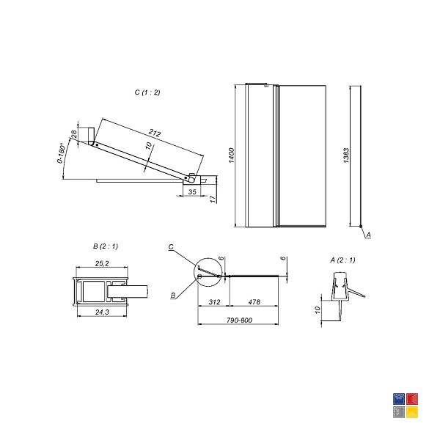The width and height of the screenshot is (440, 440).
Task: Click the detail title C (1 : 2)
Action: (147, 92)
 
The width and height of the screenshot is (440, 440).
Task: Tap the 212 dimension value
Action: (155, 133)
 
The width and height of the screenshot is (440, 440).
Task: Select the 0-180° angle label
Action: (62, 153)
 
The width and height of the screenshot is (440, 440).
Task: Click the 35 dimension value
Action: (192, 191)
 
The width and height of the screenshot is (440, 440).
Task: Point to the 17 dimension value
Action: (213, 199)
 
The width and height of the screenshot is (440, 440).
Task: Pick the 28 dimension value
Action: (74, 134)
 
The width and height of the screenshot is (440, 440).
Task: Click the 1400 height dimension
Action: (231, 155)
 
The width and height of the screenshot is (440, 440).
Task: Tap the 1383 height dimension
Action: (346, 155)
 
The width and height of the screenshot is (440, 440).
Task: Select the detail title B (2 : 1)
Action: (106, 246)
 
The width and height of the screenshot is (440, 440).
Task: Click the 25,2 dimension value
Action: (102, 263)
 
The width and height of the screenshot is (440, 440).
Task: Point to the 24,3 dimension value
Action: (102, 312)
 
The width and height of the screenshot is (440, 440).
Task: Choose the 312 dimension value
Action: (214, 302)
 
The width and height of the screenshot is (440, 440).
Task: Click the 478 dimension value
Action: (254, 302)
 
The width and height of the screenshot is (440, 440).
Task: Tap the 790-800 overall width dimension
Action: (239, 320)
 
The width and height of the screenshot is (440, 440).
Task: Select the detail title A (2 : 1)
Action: (342, 260)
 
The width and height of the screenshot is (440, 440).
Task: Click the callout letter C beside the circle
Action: (171, 247)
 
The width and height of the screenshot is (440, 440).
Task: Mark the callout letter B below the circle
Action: (173, 296)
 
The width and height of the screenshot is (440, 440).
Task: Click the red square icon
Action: (412, 399)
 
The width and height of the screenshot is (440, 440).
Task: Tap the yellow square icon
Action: (412, 412)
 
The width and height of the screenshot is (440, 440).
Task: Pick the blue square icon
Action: (399, 399)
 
